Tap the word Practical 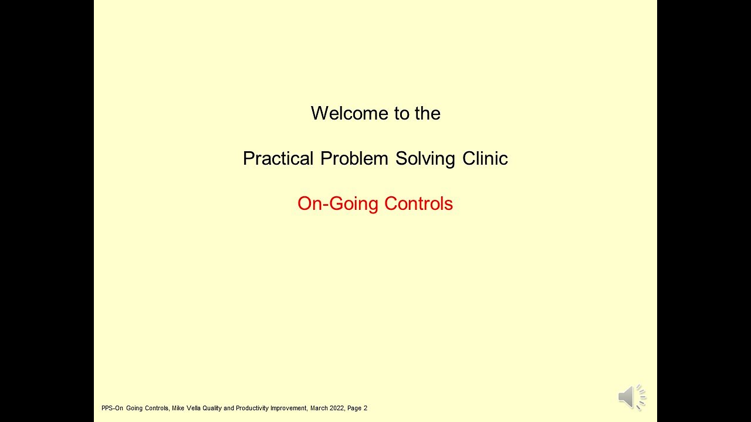pyautogui.click(x=278, y=158)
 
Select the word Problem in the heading pyautogui.click(x=354, y=158)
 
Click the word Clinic pyautogui.click(x=485, y=158)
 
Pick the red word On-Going pyautogui.click(x=338, y=203)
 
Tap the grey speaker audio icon pyautogui.click(x=632, y=397)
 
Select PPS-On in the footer pyautogui.click(x=112, y=408)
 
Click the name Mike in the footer pyautogui.click(x=178, y=408)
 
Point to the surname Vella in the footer pyautogui.click(x=194, y=408)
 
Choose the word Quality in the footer pyautogui.click(x=212, y=408)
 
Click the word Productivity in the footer pyautogui.click(x=252, y=408)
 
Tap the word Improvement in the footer pyautogui.click(x=289, y=408)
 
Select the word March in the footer pyautogui.click(x=319, y=408)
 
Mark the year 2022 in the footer pyautogui.click(x=337, y=408)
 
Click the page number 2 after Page pyautogui.click(x=366, y=408)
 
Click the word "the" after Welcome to pyautogui.click(x=428, y=113)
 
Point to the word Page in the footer pyautogui.click(x=354, y=408)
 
